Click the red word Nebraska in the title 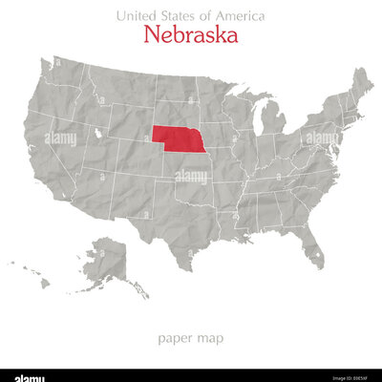[191, 35]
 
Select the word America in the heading [238, 16]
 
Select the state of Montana [119, 86]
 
